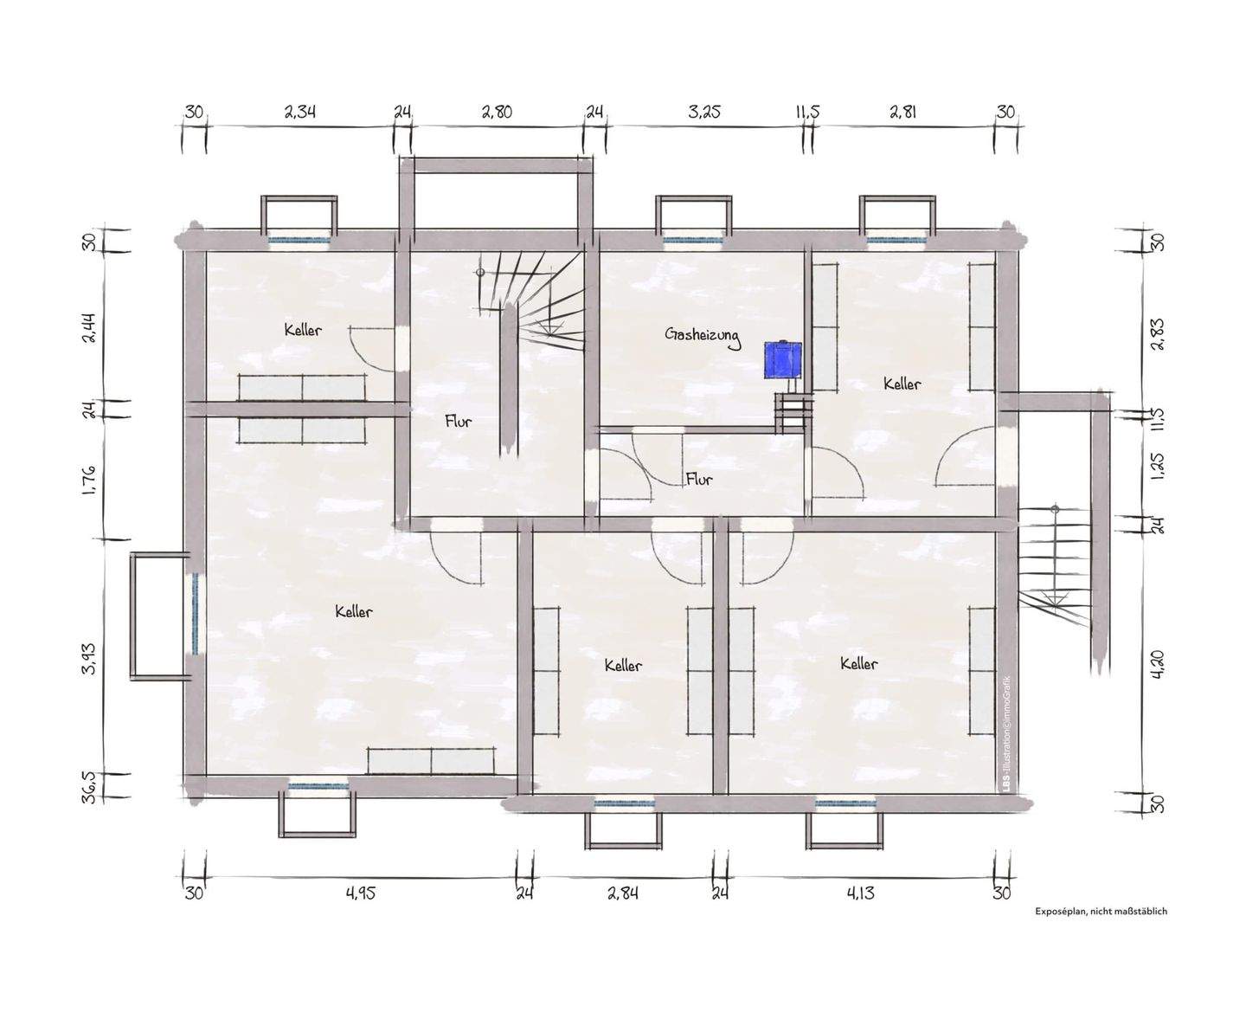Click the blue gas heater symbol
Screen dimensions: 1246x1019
point(781,358)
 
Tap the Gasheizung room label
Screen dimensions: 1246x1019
point(703,337)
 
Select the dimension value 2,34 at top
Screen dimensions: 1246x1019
point(300,111)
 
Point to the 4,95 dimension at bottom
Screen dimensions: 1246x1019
point(361,893)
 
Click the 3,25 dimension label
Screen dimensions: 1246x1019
point(704,111)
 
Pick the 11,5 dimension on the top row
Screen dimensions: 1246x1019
point(807,111)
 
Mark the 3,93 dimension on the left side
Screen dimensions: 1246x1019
point(90,658)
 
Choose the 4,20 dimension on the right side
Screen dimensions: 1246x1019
point(1158,664)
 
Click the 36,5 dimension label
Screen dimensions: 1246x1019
point(90,786)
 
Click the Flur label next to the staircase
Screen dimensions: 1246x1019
point(459,422)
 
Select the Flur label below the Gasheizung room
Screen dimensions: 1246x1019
point(699,478)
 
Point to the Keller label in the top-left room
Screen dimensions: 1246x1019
point(303,330)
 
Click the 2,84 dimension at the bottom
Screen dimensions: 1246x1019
point(623,893)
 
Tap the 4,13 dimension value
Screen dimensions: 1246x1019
point(860,893)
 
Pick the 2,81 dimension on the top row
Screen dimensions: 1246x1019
point(903,111)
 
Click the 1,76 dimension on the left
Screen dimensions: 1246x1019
point(90,480)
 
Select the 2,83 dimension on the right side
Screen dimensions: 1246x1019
point(1158,334)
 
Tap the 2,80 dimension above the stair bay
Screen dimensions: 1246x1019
point(497,111)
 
